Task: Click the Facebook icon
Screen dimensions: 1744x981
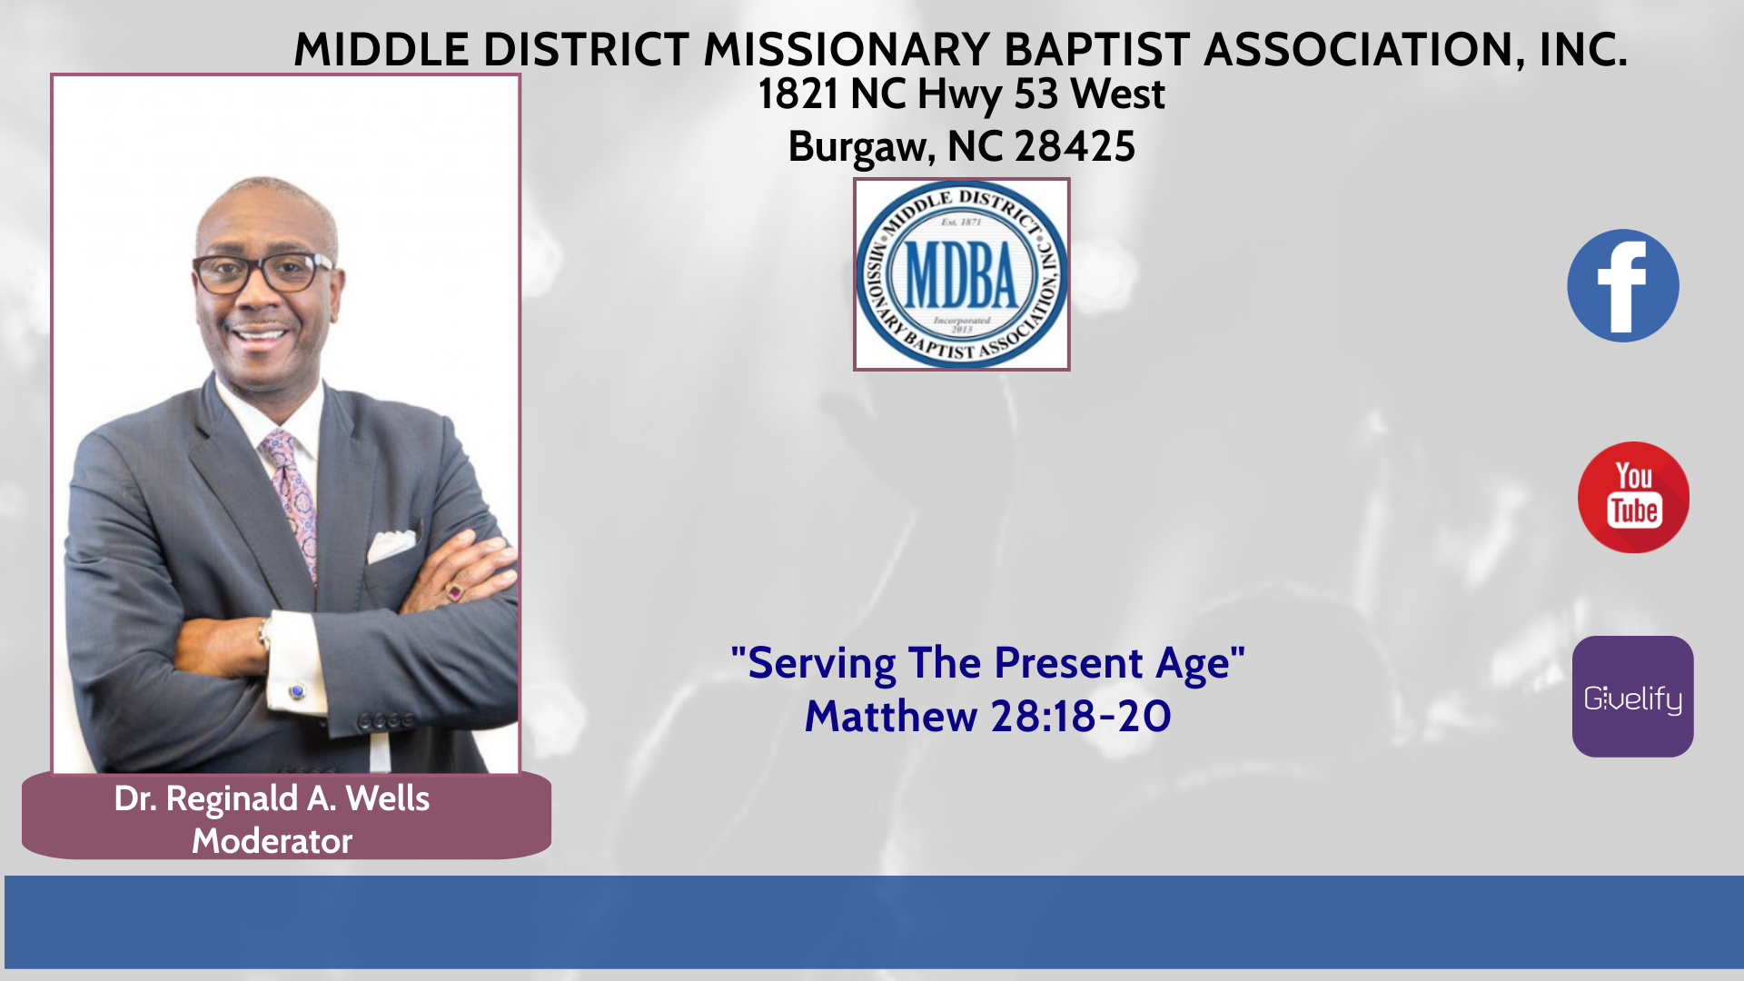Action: (x=1623, y=285)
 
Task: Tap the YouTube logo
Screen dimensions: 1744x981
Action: (x=1633, y=497)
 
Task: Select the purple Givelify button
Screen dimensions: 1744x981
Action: (x=1633, y=697)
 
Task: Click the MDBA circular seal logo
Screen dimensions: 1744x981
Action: (x=962, y=274)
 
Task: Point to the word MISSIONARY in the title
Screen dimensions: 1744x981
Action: (x=847, y=49)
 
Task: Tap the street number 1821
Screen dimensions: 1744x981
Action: (x=798, y=94)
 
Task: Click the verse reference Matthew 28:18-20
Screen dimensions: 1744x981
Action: (x=988, y=716)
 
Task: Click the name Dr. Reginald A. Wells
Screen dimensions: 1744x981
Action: (x=272, y=798)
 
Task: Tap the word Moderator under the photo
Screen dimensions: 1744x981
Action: (x=272, y=841)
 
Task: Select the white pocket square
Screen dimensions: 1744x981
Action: (x=391, y=545)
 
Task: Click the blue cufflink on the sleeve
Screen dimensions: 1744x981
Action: (x=296, y=692)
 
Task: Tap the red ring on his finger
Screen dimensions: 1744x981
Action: (x=454, y=593)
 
